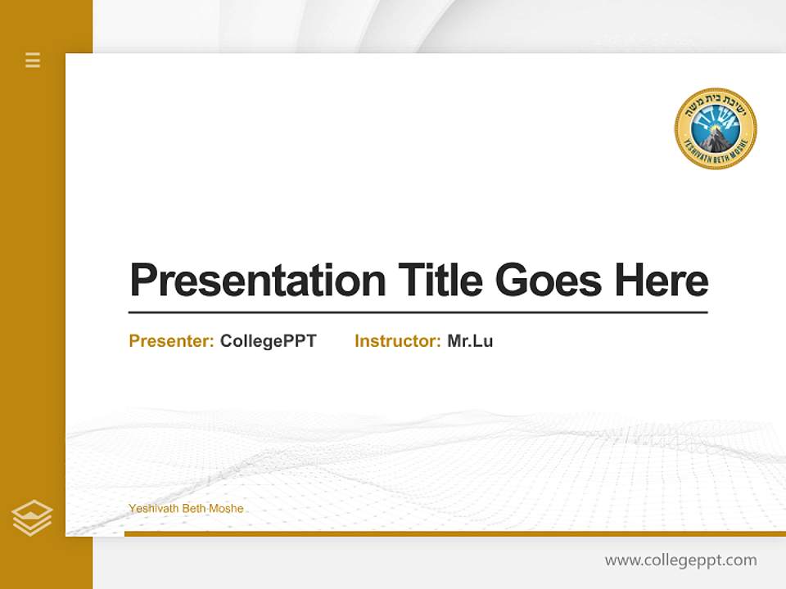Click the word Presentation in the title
[257, 281]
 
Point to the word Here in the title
[662, 281]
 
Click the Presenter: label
[171, 341]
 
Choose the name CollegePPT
[268, 341]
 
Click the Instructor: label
[397, 341]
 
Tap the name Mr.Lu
[470, 341]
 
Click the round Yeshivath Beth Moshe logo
[716, 129]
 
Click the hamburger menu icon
[33, 60]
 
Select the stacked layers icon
[32, 518]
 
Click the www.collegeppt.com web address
[680, 560]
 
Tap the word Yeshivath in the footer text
[153, 509]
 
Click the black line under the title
[418, 312]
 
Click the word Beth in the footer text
[194, 509]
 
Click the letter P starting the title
[142, 281]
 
